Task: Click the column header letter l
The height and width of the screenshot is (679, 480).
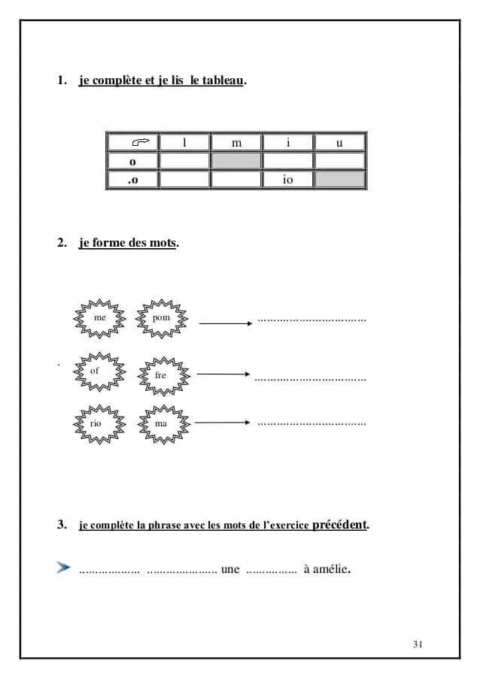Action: tap(185, 143)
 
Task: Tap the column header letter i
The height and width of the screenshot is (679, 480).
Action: tap(288, 143)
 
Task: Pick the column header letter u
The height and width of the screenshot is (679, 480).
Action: tap(339, 143)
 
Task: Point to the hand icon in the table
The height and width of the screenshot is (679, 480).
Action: tap(141, 142)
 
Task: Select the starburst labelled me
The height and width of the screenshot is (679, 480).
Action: tap(99, 319)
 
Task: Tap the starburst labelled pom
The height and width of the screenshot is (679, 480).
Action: tap(162, 319)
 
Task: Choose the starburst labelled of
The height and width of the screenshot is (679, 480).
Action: tap(96, 371)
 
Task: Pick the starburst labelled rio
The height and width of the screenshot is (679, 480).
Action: tap(96, 423)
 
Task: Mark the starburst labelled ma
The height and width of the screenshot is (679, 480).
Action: tap(162, 423)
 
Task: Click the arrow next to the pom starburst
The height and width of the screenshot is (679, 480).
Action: tap(225, 323)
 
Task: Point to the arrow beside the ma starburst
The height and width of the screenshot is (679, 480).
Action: tap(222, 423)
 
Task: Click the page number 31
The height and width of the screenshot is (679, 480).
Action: tap(418, 644)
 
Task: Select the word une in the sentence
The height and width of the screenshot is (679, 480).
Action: tap(230, 569)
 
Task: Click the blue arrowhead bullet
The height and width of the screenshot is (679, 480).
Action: tap(63, 567)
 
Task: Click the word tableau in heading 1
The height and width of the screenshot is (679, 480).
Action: tap(223, 80)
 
